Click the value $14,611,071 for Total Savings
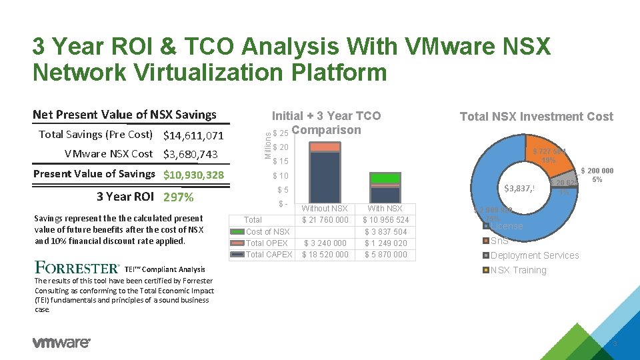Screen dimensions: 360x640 pos(194,136)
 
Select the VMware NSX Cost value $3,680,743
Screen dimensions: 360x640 pos(191,155)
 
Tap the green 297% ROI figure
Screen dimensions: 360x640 pos(178,197)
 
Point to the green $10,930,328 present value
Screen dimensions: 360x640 pos(194,175)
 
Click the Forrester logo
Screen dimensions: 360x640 pos(77,268)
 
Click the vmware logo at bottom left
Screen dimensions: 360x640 pos(61,343)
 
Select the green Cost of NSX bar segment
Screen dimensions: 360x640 pos(385,178)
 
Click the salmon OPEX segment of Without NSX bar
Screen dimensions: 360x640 pos(325,147)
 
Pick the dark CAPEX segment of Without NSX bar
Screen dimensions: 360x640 pos(325,177)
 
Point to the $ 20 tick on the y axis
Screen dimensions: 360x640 pos(280,147)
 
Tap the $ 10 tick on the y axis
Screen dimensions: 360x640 pos(280,176)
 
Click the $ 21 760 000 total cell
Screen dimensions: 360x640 pos(325,220)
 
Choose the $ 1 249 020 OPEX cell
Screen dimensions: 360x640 pos(385,243)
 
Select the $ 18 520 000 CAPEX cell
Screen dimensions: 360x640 pos(325,255)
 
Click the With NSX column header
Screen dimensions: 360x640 pos(385,209)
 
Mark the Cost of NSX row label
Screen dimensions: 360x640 pos(267,231)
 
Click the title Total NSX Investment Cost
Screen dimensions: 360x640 pos(536,117)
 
